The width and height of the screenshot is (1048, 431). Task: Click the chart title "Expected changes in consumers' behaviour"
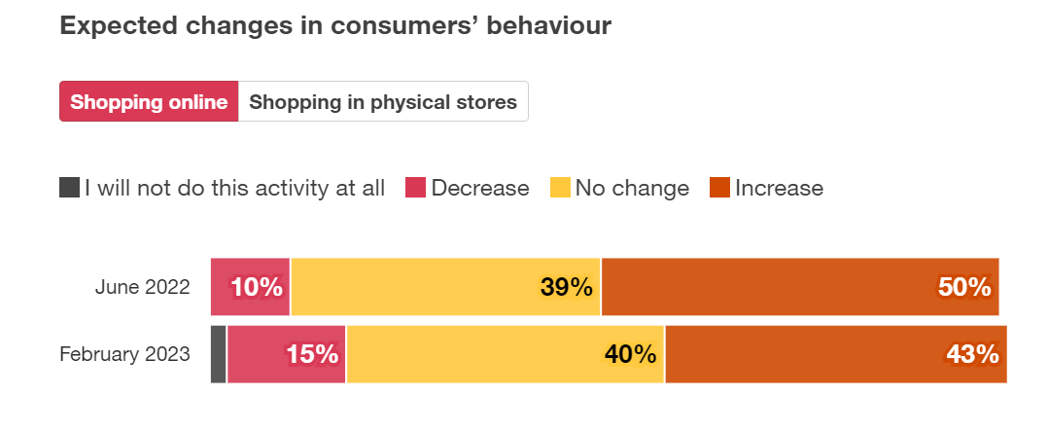(335, 26)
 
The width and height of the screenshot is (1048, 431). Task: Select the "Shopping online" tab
(149, 102)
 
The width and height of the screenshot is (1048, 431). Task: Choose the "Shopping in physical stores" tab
(383, 102)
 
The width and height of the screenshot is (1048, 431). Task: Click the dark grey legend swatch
(69, 188)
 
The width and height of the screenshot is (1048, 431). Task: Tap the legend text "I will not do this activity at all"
(234, 188)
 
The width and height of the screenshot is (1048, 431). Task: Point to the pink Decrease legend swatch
(416, 188)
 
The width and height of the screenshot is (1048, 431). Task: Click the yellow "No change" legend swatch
(561, 188)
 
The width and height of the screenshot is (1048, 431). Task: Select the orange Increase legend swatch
(720, 188)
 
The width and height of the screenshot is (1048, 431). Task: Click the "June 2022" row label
(142, 287)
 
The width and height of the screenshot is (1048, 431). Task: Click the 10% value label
(257, 287)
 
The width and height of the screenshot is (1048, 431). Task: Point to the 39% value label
(566, 287)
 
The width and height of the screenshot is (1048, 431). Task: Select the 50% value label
(964, 287)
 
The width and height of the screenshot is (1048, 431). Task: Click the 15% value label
(312, 354)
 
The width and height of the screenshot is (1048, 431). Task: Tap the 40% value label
(630, 354)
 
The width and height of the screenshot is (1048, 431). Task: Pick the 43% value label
(973, 354)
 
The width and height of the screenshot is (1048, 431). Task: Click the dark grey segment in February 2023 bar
(219, 354)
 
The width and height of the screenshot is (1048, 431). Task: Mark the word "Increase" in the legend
(779, 188)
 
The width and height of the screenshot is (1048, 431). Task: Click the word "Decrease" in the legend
(480, 188)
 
